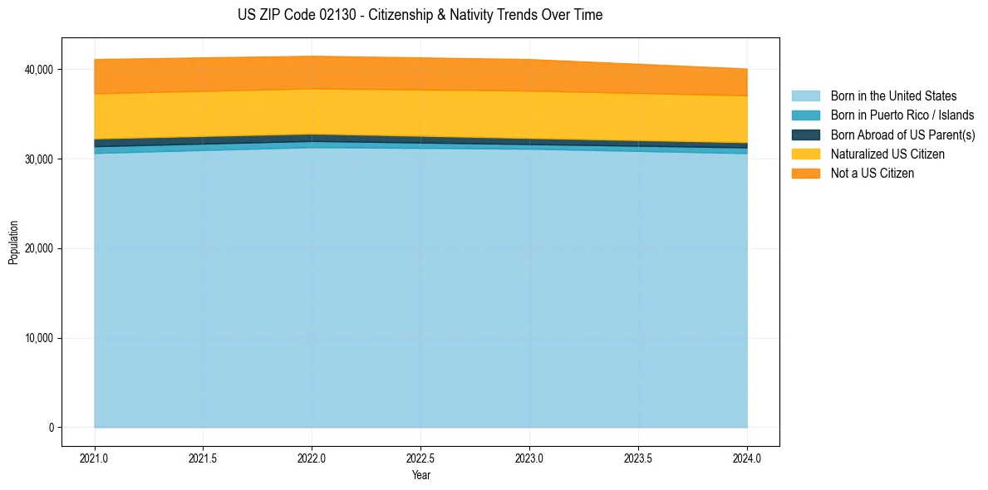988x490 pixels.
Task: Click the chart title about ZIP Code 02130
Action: coord(420,15)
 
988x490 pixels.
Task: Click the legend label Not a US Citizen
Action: coord(872,173)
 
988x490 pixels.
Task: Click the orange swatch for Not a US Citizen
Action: coord(805,173)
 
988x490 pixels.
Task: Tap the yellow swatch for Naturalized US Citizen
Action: coord(805,154)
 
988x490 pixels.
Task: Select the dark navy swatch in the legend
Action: coord(805,135)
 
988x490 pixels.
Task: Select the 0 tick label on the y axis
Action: coord(50,428)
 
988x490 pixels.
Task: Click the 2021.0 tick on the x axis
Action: coord(95,458)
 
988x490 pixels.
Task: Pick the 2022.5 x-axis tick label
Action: coord(420,458)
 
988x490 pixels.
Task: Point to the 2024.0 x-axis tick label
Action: coord(747,458)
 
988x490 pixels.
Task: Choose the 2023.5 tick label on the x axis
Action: coord(638,458)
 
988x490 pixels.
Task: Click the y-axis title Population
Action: coord(13,243)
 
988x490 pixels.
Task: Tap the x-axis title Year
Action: coord(420,475)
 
